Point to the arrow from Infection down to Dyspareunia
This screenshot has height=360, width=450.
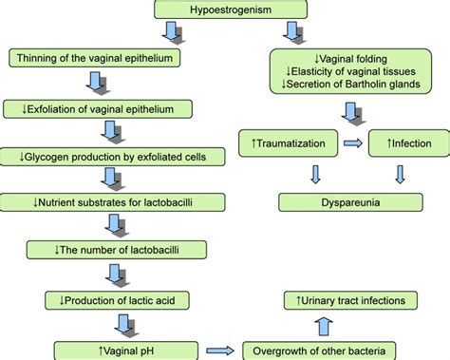tap(399, 175)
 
